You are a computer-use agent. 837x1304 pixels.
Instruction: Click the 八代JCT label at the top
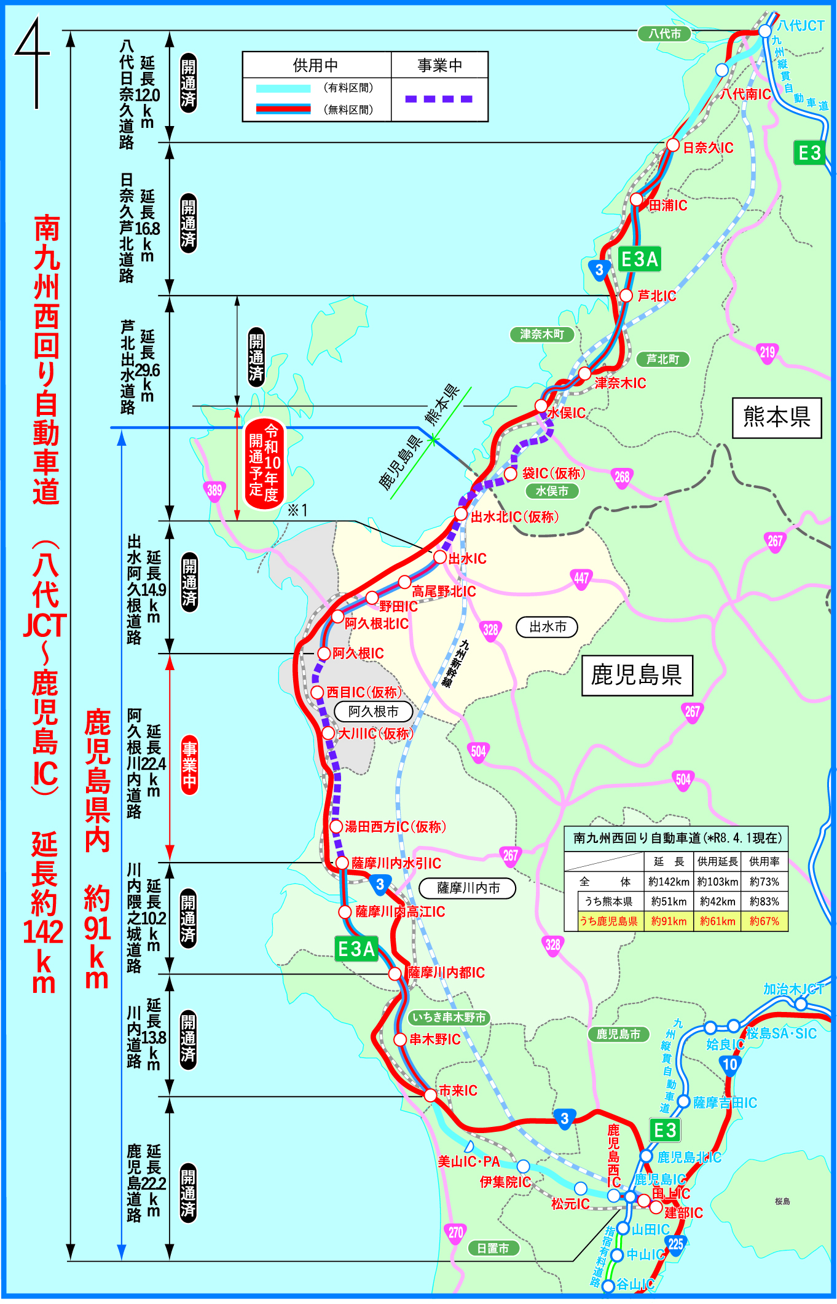tap(800, 26)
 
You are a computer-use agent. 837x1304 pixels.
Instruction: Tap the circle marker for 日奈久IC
tap(673, 145)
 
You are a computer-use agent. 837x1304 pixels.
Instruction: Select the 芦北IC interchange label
tap(656, 296)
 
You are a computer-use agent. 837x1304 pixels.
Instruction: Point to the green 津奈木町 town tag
tap(542, 334)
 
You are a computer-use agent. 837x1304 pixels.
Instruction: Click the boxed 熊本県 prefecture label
tap(777, 417)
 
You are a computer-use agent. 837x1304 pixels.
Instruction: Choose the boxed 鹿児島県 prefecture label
tap(637, 675)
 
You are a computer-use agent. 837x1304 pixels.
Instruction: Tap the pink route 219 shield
tap(768, 353)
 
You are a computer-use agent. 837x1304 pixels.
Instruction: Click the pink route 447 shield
tap(581, 578)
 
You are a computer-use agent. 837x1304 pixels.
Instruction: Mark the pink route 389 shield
tap(214, 491)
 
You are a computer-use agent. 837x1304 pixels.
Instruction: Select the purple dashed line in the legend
tap(439, 99)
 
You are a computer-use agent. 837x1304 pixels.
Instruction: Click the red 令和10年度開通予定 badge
tap(264, 464)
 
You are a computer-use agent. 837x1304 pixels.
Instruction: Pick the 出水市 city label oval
tap(548, 627)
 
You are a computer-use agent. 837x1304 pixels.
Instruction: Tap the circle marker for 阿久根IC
tap(324, 653)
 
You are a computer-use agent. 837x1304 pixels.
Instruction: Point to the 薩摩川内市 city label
tap(468, 888)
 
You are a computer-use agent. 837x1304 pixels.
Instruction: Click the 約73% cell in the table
tap(764, 882)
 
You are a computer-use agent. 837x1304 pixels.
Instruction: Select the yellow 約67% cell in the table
tap(764, 921)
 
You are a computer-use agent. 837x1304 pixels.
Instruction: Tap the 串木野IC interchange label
tap(435, 1040)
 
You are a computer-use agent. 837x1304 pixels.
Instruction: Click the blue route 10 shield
tap(729, 1065)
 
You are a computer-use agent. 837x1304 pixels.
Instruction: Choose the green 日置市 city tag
tap(493, 1249)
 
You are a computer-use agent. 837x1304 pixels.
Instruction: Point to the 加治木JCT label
tap(793, 989)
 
